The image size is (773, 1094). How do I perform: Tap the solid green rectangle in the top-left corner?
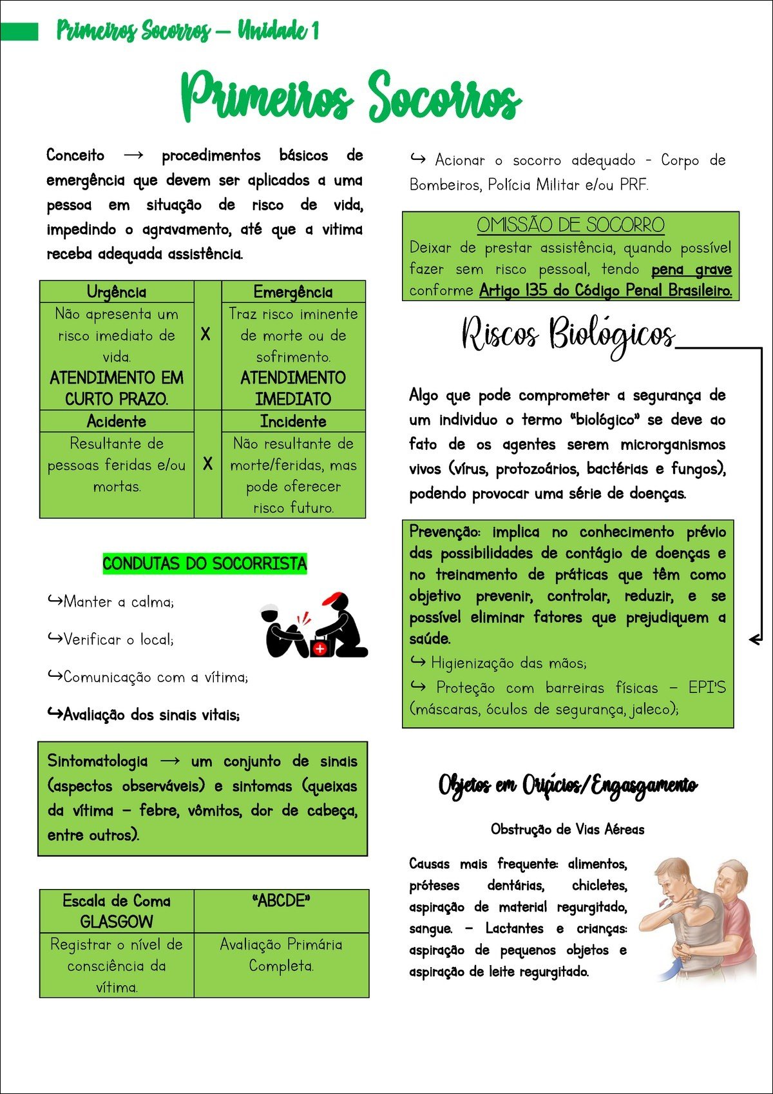pyautogui.click(x=19, y=31)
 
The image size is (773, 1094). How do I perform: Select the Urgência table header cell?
pyautogui.click(x=117, y=292)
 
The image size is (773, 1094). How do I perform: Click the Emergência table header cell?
pyautogui.click(x=293, y=292)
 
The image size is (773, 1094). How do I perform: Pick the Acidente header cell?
pyautogui.click(x=117, y=422)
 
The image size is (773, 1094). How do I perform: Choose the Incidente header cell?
pyautogui.click(x=293, y=422)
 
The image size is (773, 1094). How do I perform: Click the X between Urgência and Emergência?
pyautogui.click(x=205, y=334)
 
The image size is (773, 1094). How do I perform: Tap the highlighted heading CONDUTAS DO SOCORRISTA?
pyautogui.click(x=205, y=564)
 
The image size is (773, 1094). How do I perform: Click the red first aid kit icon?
pyautogui.click(x=320, y=647)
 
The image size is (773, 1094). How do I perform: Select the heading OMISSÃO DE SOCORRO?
pyautogui.click(x=571, y=225)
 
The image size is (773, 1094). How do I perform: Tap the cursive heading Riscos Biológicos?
pyautogui.click(x=568, y=335)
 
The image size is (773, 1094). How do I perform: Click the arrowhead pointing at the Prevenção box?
pyautogui.click(x=754, y=640)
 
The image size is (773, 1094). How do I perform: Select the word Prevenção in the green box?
pyautogui.click(x=444, y=532)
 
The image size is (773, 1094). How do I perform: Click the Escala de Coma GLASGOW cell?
pyautogui.click(x=117, y=911)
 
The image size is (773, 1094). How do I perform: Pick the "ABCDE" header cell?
pyautogui.click(x=282, y=901)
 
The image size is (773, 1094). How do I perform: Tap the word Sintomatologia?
pyautogui.click(x=97, y=761)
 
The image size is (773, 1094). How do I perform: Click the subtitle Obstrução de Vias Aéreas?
pyautogui.click(x=568, y=829)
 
